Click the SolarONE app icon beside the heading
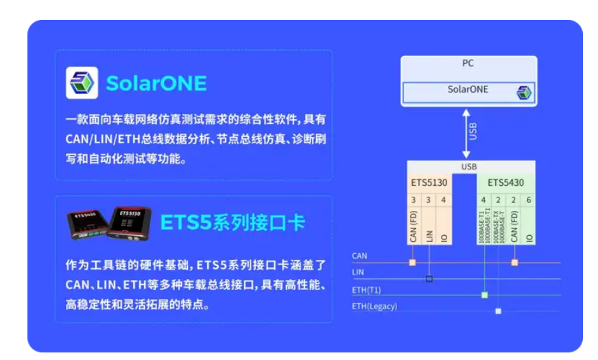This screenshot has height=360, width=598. [x=82, y=83]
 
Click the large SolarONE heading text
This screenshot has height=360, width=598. [x=156, y=83]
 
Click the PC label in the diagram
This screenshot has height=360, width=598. [x=468, y=63]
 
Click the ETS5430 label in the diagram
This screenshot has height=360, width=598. [x=505, y=183]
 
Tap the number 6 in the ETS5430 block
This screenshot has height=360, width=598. [x=528, y=200]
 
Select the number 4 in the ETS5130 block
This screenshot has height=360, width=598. [x=444, y=200]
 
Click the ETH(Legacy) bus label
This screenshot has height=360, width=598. [x=374, y=306]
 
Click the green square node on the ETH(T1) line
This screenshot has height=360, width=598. [x=484, y=295]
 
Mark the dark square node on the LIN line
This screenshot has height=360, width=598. [x=429, y=278]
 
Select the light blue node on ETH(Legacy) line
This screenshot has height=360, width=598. [x=498, y=311]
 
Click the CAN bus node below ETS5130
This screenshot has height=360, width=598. [x=413, y=262]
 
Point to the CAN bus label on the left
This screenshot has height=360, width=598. [x=359, y=256]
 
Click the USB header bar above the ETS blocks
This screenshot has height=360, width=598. [x=469, y=167]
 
